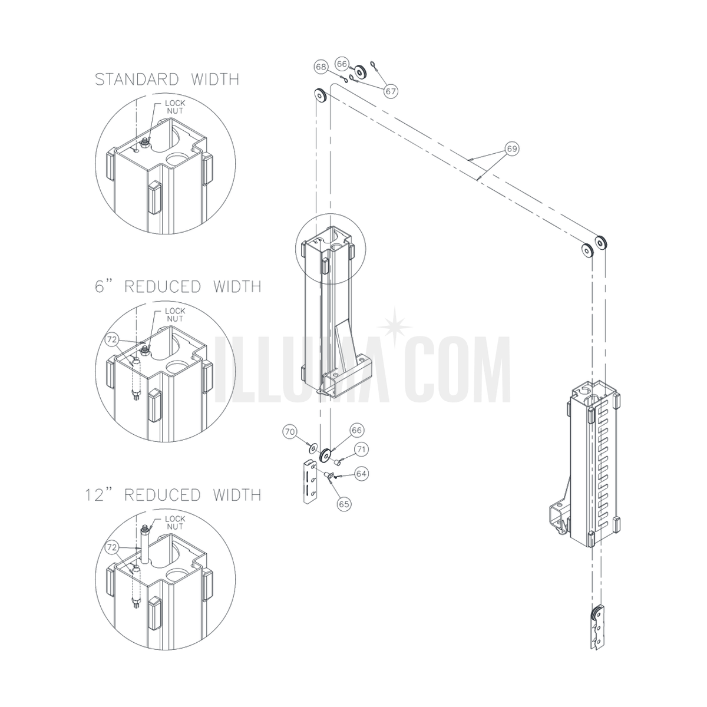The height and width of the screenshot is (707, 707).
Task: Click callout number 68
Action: (x=321, y=67)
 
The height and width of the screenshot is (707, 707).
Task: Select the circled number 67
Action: (x=391, y=91)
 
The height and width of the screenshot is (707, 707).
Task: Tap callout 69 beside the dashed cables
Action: (x=512, y=148)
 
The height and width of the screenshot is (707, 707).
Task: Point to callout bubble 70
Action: (x=290, y=432)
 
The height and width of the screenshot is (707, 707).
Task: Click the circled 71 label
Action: (x=361, y=450)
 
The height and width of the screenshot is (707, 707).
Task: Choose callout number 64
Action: (x=361, y=474)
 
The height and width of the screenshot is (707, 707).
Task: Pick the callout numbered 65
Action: (x=343, y=504)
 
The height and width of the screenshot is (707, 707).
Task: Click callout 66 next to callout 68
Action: (x=342, y=64)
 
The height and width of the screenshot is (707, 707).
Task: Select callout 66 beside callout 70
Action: (x=356, y=430)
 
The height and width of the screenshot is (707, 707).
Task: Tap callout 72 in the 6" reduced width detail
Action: (x=111, y=340)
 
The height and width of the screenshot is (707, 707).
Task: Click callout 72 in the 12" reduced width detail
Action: (x=111, y=548)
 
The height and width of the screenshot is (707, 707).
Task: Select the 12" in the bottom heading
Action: (x=98, y=495)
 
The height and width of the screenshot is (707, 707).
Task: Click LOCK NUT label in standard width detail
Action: (x=175, y=107)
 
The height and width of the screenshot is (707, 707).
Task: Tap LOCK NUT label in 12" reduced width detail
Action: (x=175, y=523)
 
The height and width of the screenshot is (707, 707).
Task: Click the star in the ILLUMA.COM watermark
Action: (x=395, y=326)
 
